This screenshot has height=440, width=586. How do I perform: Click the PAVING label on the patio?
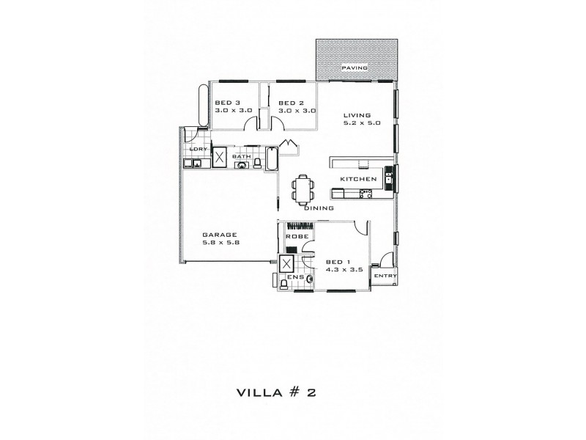pyautogui.click(x=355, y=68)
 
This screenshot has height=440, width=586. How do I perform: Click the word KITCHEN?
pyautogui.click(x=358, y=179)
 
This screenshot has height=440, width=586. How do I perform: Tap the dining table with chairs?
pyautogui.click(x=302, y=189)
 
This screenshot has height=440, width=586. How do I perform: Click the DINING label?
pyautogui.click(x=319, y=208)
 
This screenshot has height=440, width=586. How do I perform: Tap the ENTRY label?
pyautogui.click(x=385, y=276)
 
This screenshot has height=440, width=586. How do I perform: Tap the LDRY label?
pyautogui.click(x=196, y=150)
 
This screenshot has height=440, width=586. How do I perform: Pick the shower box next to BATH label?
pyautogui.click(x=218, y=157)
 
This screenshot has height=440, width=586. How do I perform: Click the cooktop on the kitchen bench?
pyautogui.click(x=366, y=194)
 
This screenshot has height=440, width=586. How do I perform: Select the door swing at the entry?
pyautogui.click(x=383, y=260)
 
